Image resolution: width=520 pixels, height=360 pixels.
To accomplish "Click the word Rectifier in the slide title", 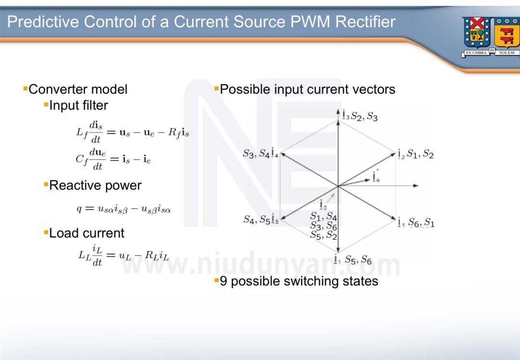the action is (364, 22).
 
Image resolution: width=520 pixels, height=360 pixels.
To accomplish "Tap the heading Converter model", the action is (78, 89).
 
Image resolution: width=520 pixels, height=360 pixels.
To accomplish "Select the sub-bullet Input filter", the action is (78, 105).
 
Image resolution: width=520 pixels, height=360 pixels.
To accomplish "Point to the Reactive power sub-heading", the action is (95, 185).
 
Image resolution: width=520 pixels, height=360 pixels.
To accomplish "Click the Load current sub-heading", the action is (87, 233).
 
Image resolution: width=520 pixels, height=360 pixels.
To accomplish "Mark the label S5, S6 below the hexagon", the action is (358, 260).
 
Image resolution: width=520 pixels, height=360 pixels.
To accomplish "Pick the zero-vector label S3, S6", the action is (323, 226).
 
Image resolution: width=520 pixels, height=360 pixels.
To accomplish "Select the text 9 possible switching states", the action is (299, 281).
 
